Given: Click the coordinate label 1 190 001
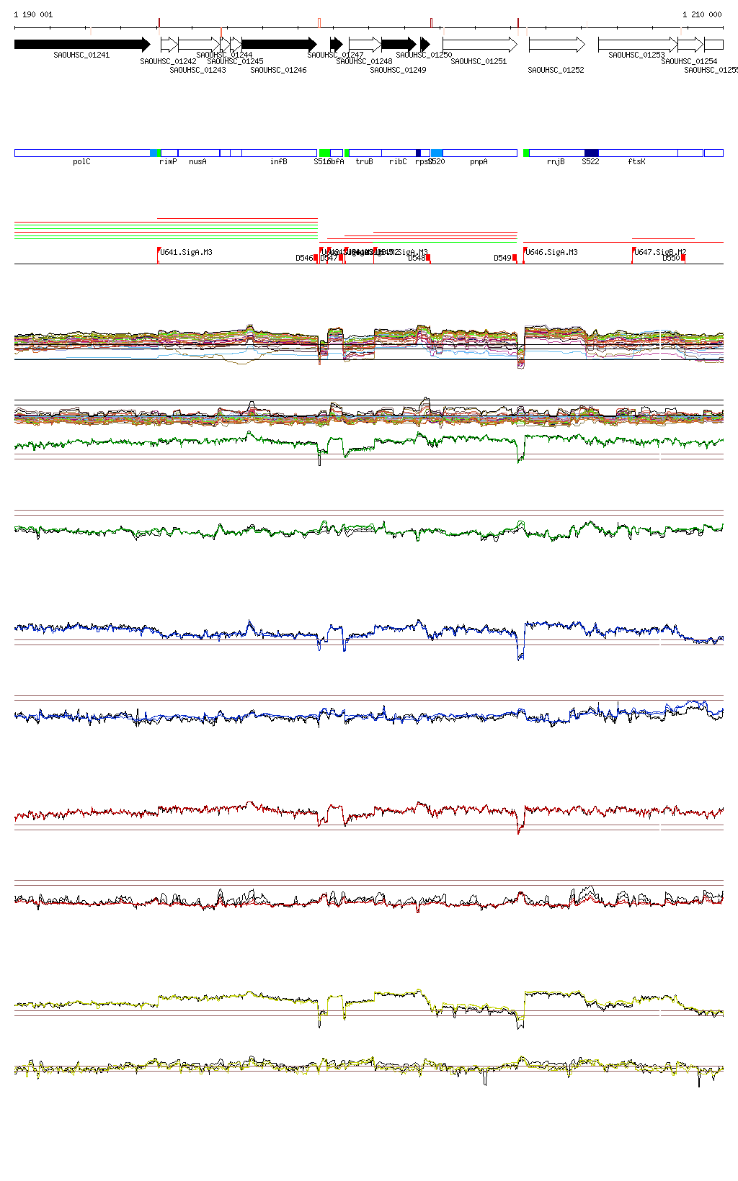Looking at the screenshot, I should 33,14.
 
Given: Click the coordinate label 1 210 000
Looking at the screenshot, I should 702,14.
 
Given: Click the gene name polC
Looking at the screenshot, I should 81,162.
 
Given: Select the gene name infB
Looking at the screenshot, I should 279,162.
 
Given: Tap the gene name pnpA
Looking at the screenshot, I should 479,162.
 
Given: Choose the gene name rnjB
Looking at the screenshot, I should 556,162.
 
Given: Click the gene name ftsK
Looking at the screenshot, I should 636,162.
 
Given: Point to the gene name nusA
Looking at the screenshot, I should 197,162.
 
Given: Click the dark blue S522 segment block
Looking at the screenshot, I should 591,153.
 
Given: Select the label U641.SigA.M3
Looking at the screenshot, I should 186,252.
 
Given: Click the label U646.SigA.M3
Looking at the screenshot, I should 551,252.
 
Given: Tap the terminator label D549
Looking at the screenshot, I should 502,258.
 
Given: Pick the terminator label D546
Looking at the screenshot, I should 304,258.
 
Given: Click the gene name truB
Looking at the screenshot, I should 364,162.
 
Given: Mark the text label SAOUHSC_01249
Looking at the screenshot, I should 398,71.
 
